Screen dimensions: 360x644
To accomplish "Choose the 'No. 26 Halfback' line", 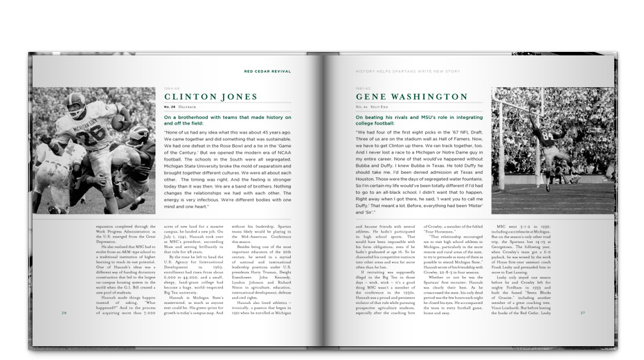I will coord(183,108).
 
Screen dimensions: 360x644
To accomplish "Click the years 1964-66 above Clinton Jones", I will coord(171,88).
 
